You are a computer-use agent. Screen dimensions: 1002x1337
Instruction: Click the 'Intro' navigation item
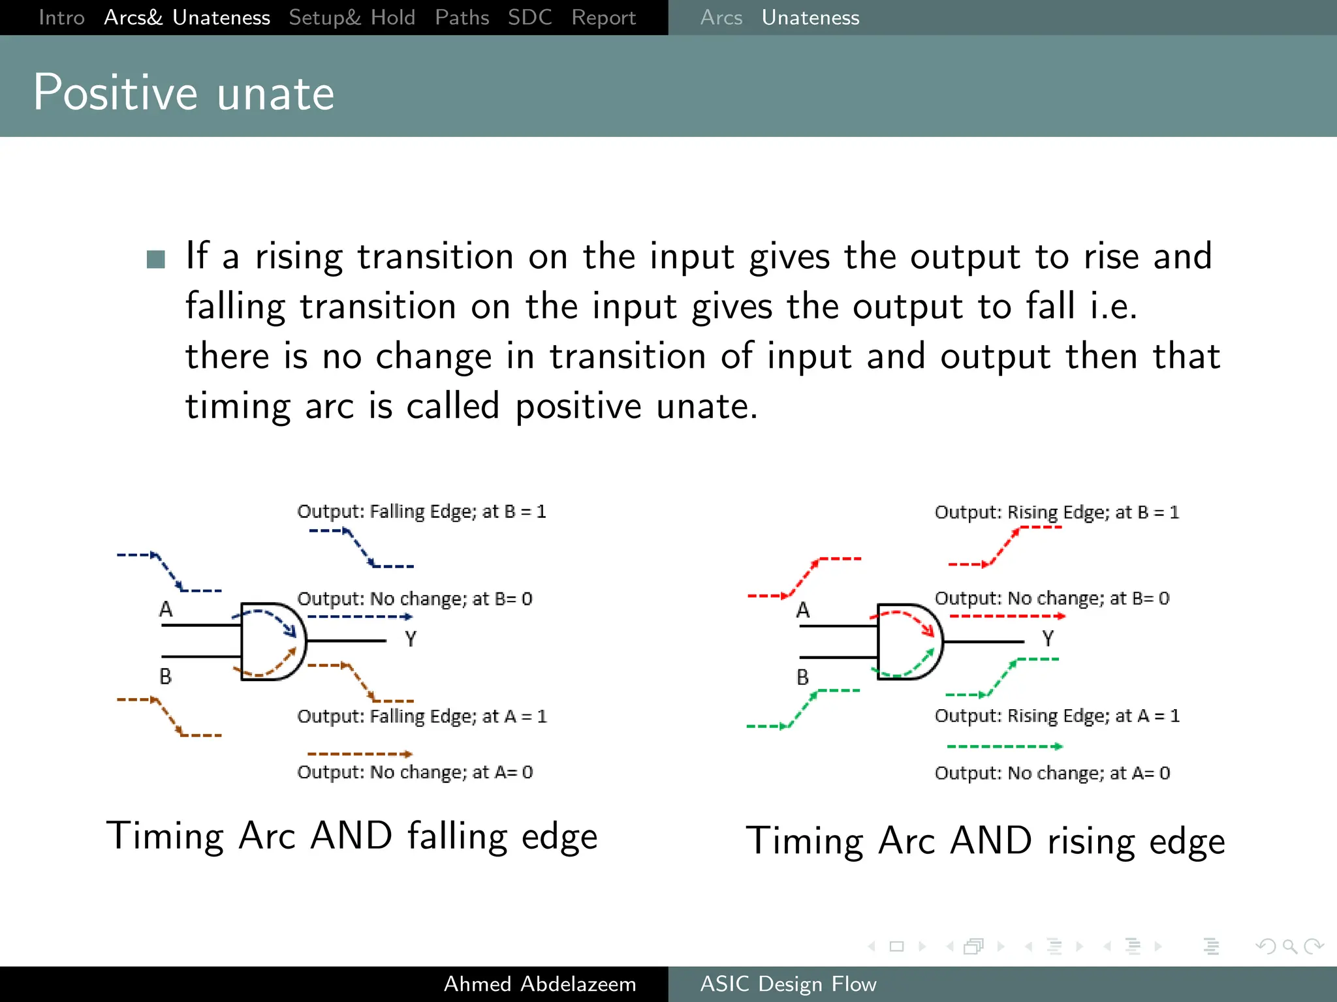click(x=61, y=18)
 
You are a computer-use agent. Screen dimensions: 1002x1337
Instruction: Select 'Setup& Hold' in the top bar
click(x=352, y=18)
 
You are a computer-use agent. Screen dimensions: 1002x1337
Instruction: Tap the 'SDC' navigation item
click(x=529, y=18)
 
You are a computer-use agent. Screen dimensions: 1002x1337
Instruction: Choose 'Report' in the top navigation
click(x=603, y=18)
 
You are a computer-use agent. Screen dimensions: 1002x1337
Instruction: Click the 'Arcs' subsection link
click(x=721, y=18)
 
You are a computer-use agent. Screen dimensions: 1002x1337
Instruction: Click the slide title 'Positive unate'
click(x=183, y=93)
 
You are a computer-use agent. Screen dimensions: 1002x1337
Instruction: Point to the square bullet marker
click(x=156, y=259)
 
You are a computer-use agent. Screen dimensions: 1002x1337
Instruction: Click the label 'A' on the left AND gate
click(x=166, y=609)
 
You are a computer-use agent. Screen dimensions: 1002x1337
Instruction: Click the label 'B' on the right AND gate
click(x=802, y=677)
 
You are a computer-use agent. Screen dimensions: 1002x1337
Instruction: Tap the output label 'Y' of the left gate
click(x=410, y=639)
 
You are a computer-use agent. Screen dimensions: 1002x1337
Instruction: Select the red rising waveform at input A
click(x=804, y=577)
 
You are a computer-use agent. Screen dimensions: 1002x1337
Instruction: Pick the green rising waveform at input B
click(x=803, y=708)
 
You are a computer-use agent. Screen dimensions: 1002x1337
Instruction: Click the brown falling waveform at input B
click(x=168, y=717)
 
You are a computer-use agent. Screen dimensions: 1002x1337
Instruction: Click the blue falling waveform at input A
click(x=168, y=572)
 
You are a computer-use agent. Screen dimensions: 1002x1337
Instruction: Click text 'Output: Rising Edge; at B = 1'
click(x=1056, y=512)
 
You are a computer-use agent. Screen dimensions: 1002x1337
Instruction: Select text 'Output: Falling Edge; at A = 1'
click(x=422, y=716)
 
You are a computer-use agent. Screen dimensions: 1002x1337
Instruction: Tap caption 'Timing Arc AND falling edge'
click(x=351, y=836)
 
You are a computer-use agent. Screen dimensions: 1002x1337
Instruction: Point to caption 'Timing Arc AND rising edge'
click(x=985, y=841)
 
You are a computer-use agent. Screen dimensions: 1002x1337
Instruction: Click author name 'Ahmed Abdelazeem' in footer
click(x=539, y=984)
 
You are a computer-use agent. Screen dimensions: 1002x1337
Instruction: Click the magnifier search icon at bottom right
click(x=1289, y=946)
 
